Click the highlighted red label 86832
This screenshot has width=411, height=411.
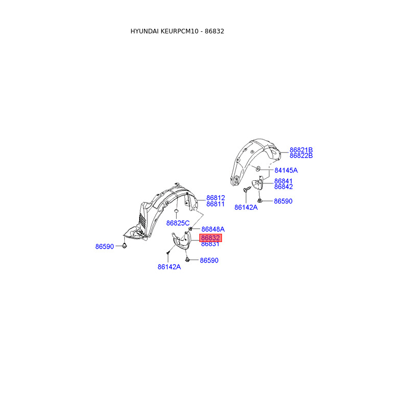click(x=211, y=238)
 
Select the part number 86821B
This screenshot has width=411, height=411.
click(x=301, y=150)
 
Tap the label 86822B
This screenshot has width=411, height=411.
click(x=301, y=156)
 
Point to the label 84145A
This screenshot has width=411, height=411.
click(x=286, y=170)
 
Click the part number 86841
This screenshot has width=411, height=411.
click(x=283, y=181)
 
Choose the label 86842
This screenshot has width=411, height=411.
click(x=283, y=187)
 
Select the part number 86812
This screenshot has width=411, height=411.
click(x=216, y=198)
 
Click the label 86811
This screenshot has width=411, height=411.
click(x=216, y=204)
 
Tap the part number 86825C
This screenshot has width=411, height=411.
click(x=178, y=223)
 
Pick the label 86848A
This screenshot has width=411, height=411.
click(x=213, y=229)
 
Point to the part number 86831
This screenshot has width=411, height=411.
click(x=210, y=244)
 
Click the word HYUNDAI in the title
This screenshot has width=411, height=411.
click(x=146, y=31)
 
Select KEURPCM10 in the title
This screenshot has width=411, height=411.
click(x=182, y=31)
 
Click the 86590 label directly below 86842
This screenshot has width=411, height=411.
click(x=283, y=201)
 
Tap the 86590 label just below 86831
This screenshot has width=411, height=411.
click(x=209, y=260)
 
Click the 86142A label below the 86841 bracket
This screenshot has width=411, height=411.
click(x=246, y=208)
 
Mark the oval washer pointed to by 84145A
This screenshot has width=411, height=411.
click(x=257, y=169)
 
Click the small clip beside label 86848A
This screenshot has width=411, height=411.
click(x=191, y=228)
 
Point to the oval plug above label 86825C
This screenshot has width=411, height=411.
click(x=176, y=211)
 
